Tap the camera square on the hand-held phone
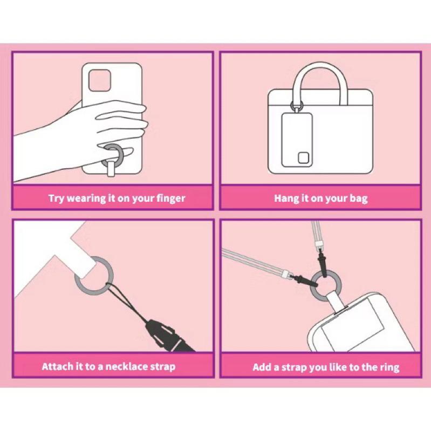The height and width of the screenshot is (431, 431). point(99,80)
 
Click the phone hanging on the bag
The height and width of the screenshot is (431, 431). point(297,140)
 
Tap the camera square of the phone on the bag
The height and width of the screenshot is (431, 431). point(304,158)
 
